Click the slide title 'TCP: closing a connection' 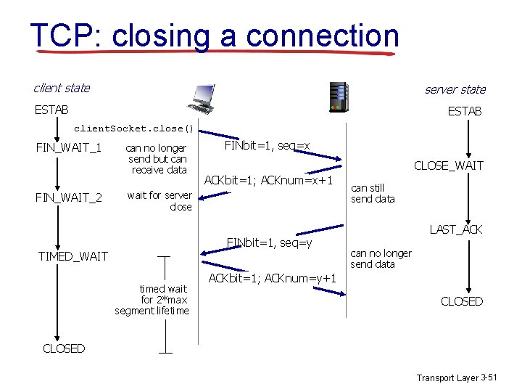pyautogui.click(x=215, y=36)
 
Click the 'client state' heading pyautogui.click(x=62, y=88)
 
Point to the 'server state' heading pyautogui.click(x=455, y=89)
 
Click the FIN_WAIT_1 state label pyautogui.click(x=68, y=149)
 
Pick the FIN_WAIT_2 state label pyautogui.click(x=68, y=197)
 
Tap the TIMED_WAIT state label pyautogui.click(x=72, y=256)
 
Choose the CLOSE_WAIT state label pyautogui.click(x=448, y=166)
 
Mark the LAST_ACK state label pyautogui.click(x=455, y=229)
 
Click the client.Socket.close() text pyautogui.click(x=134, y=128)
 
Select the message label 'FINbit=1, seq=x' pyautogui.click(x=267, y=146)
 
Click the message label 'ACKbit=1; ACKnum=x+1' pyautogui.click(x=269, y=180)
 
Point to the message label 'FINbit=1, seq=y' pyautogui.click(x=269, y=241)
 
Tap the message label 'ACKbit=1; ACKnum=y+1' pyautogui.click(x=272, y=279)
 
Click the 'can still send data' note pyautogui.click(x=373, y=193)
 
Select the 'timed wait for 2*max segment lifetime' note pyautogui.click(x=152, y=300)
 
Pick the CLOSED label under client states pyautogui.click(x=64, y=348)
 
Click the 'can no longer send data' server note pyautogui.click(x=381, y=258)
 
